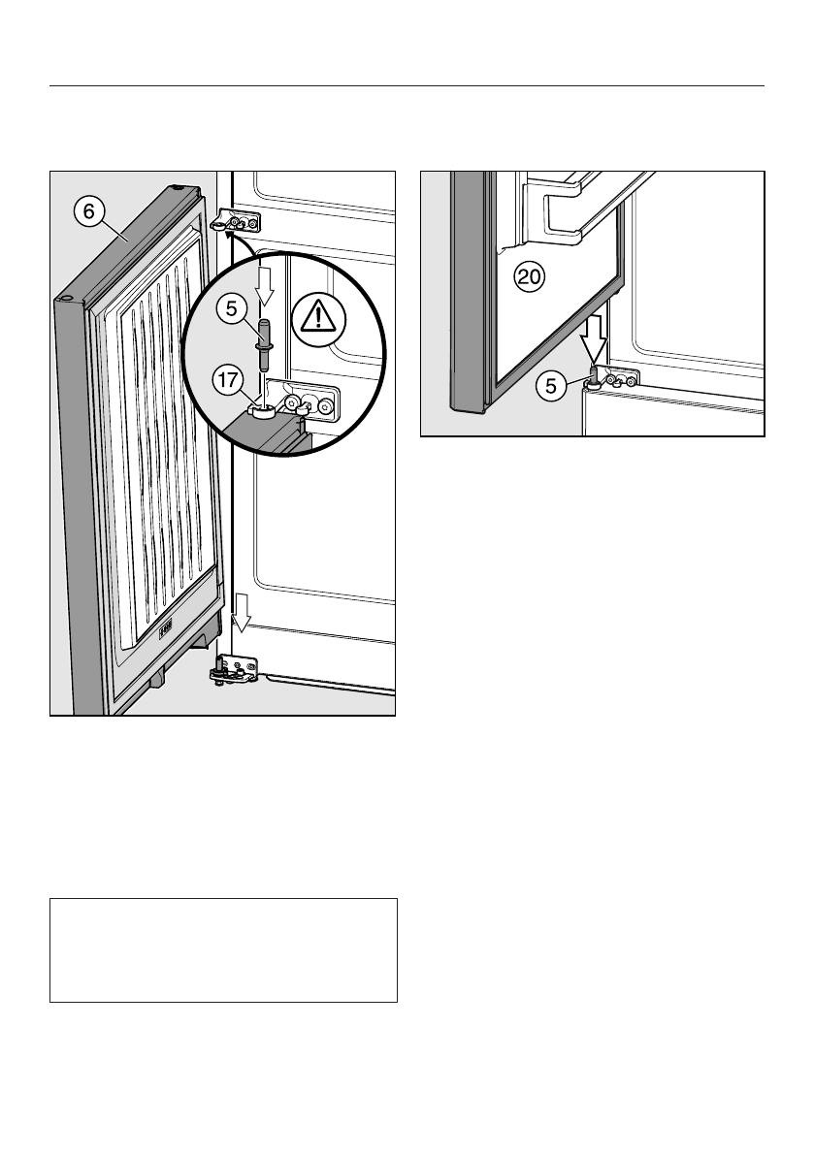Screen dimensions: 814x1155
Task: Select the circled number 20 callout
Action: tap(530, 277)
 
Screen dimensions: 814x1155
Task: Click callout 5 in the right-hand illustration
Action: tap(551, 386)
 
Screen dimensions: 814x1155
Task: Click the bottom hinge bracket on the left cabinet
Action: tap(234, 668)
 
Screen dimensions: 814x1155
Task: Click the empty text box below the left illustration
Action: tap(223, 949)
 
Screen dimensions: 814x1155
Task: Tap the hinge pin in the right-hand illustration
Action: tap(591, 376)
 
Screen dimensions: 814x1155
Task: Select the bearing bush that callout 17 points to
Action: tap(260, 411)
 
